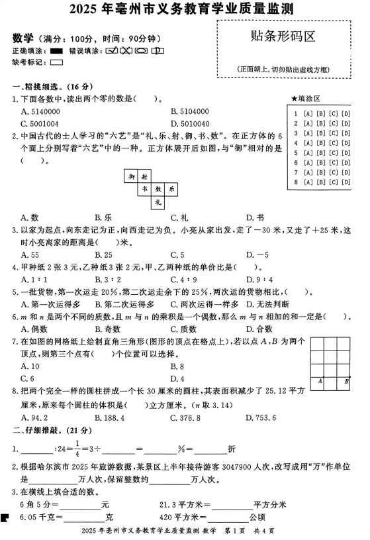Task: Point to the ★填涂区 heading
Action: [x=305, y=99]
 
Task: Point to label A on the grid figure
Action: [x=320, y=380]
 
